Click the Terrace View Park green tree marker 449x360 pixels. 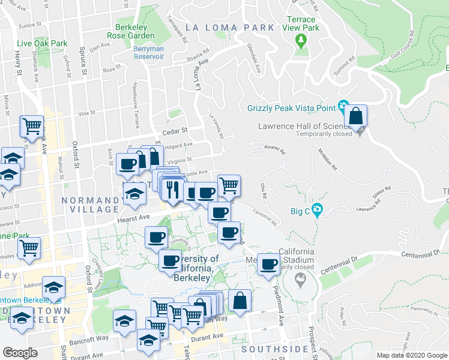click(x=301, y=41)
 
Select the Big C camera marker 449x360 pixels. click(x=317, y=211)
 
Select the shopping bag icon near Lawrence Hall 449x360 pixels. click(x=355, y=116)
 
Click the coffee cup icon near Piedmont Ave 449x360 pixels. click(x=270, y=264)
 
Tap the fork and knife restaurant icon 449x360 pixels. click(x=172, y=190)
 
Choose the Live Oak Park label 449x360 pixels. click(x=42, y=43)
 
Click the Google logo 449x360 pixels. click(x=19, y=353)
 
